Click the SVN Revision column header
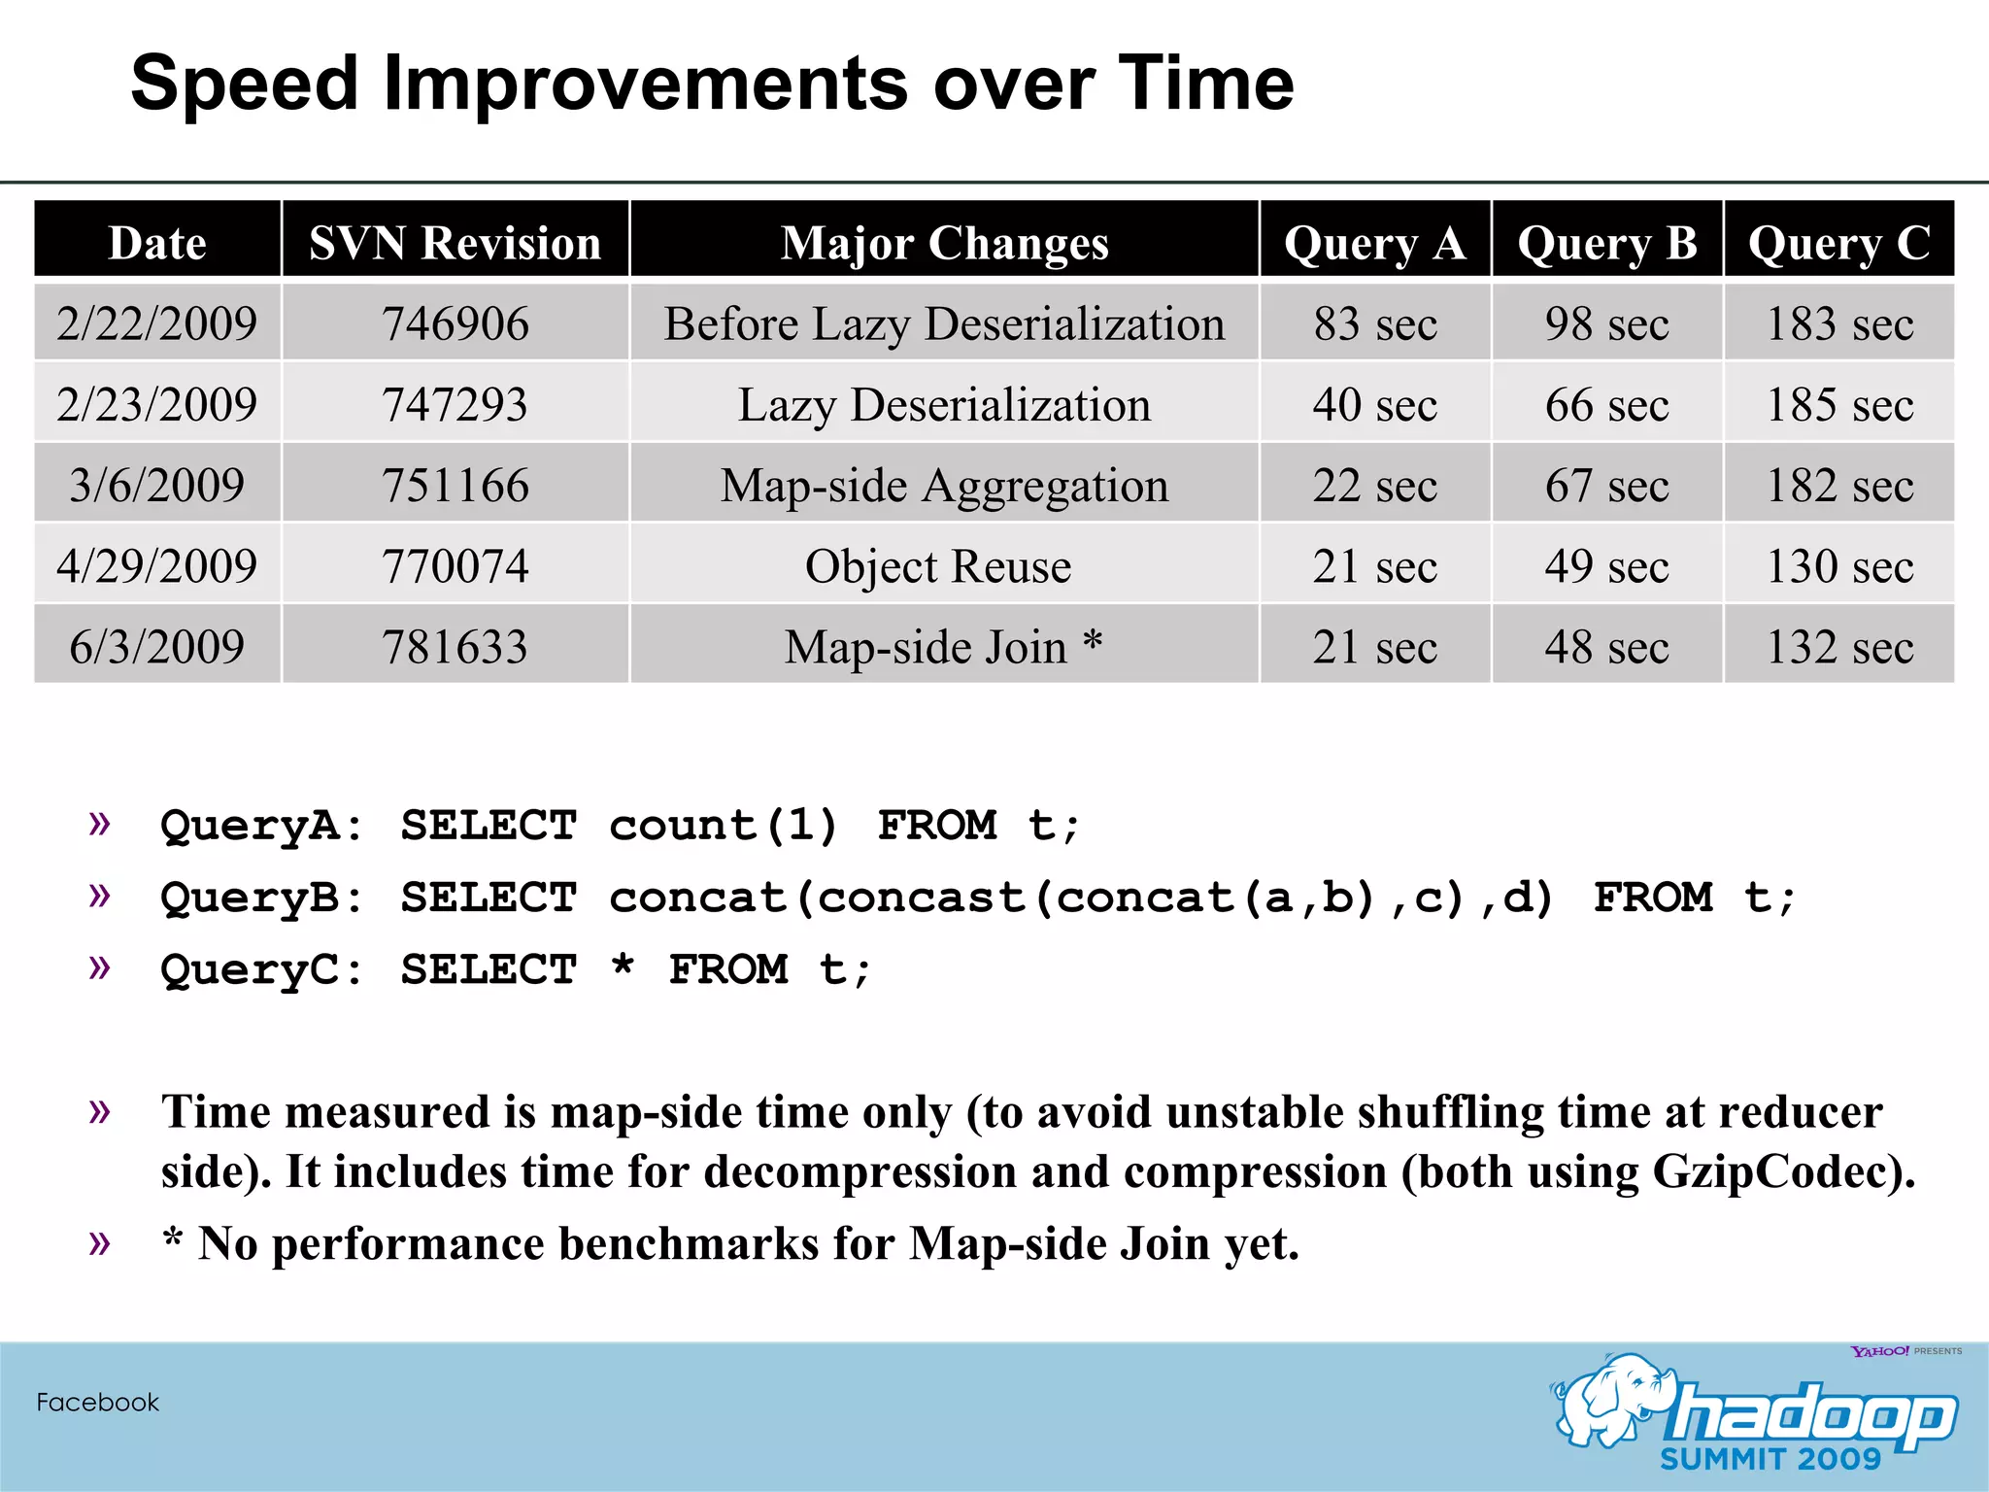[x=455, y=242]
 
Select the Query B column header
[x=1607, y=242]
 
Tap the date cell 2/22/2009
[x=156, y=322]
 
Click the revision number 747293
[x=455, y=404]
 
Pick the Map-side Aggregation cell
[x=944, y=485]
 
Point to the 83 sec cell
[x=1374, y=322]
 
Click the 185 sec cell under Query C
[x=1838, y=404]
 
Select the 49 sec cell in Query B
[x=1607, y=565]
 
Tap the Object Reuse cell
[x=938, y=565]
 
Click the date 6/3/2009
[x=156, y=647]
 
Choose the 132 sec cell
[x=1838, y=647]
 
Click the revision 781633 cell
[x=455, y=647]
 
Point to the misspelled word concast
[x=921, y=898]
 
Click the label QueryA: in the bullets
[x=260, y=826]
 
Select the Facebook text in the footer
[x=97, y=1402]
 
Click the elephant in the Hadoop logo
[x=1612, y=1399]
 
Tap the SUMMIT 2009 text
[x=1770, y=1459]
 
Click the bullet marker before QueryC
[x=99, y=966]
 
